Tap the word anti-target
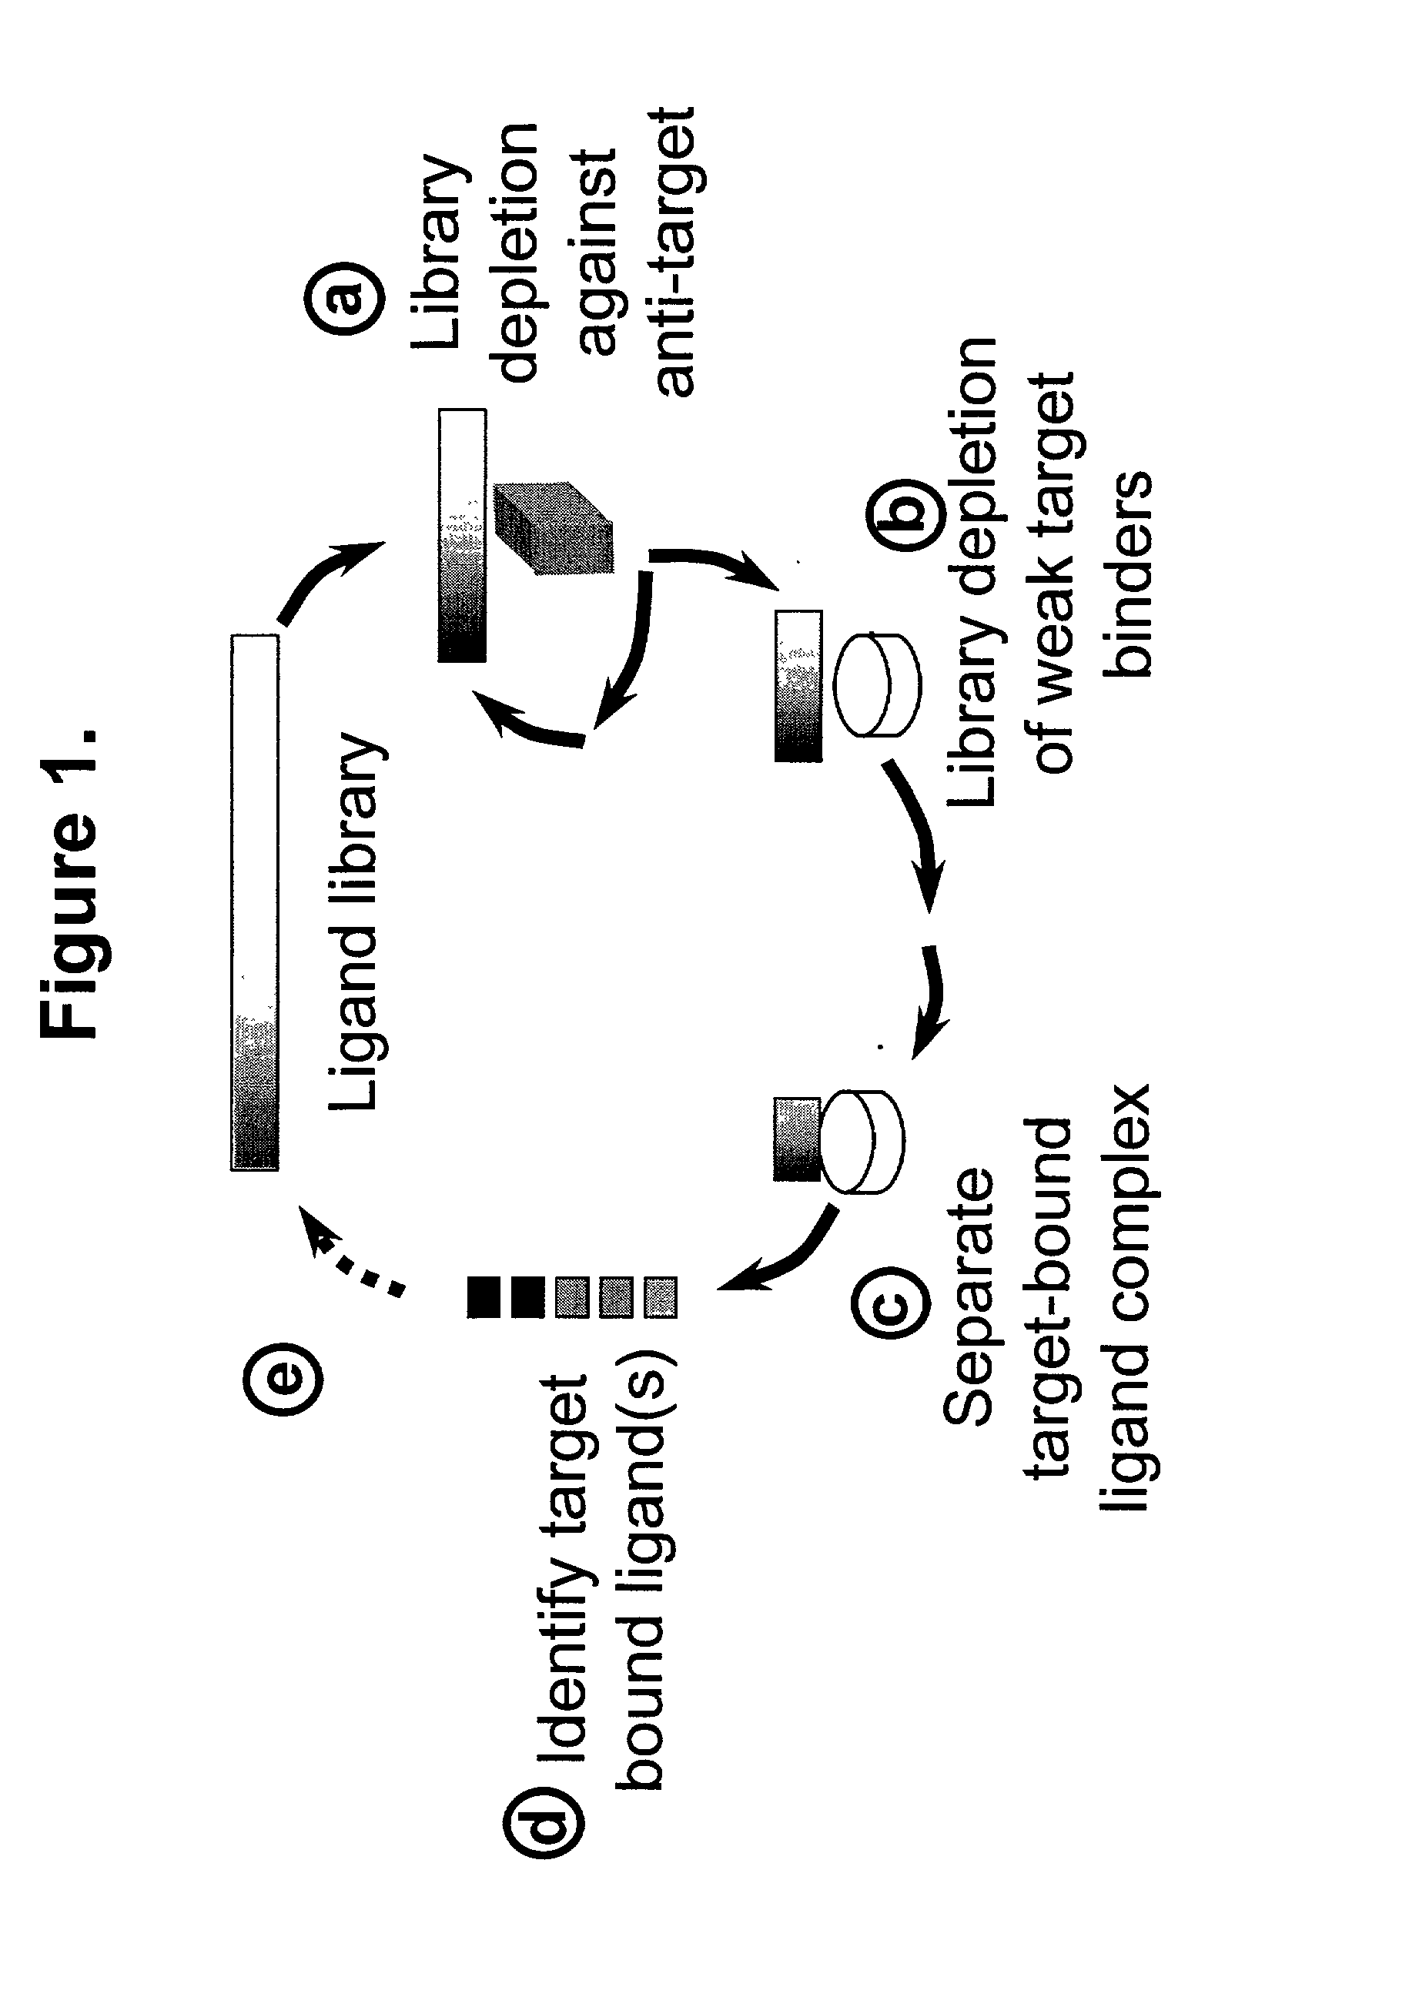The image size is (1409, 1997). [677, 253]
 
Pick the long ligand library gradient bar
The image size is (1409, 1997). [255, 902]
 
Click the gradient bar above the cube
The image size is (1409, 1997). [462, 536]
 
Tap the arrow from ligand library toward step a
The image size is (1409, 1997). [326, 578]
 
